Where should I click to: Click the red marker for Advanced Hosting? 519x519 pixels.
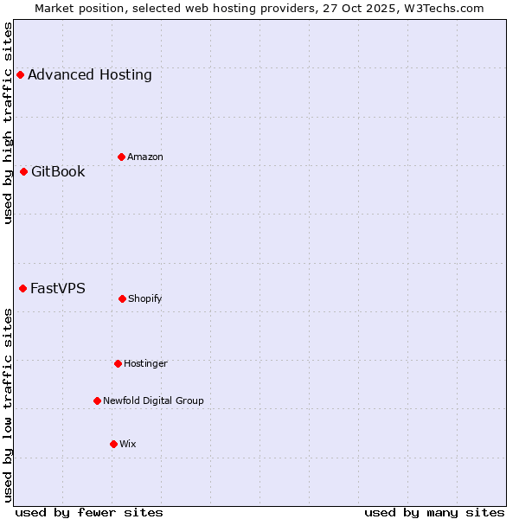click(x=20, y=74)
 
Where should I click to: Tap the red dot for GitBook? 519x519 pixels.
click(x=23, y=171)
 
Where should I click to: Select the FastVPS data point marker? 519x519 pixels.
click(x=22, y=288)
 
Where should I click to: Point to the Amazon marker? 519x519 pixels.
click(x=121, y=157)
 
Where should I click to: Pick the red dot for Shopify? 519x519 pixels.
click(x=122, y=298)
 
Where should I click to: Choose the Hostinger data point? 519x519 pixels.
click(x=118, y=363)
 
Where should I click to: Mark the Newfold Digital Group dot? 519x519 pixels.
click(x=97, y=400)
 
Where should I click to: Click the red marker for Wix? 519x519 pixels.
click(x=113, y=444)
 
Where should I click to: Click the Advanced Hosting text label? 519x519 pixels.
click(x=90, y=74)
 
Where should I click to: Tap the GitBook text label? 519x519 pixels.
click(x=58, y=171)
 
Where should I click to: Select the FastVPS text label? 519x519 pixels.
click(x=58, y=288)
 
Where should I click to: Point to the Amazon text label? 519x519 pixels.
click(x=145, y=157)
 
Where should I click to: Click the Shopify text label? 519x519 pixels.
click(x=145, y=298)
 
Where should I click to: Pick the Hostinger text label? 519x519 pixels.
click(x=145, y=363)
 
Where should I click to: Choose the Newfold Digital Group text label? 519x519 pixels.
click(x=153, y=400)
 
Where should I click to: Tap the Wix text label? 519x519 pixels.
click(x=128, y=444)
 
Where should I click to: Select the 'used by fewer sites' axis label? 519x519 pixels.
click(x=89, y=512)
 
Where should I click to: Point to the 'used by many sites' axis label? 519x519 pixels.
click(x=434, y=512)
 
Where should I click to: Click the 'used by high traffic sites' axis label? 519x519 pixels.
click(x=8, y=123)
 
